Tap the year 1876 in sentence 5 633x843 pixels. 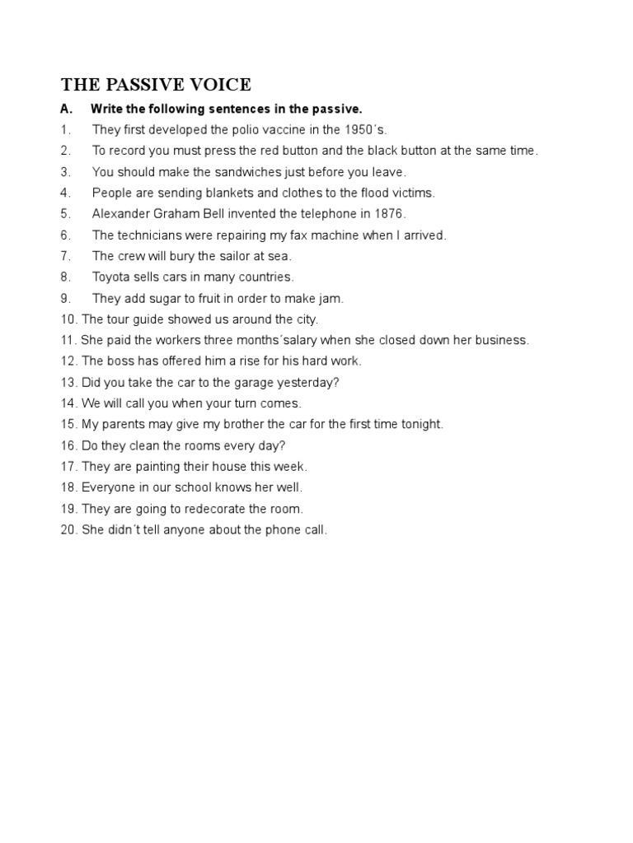[388, 214]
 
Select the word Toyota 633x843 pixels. [111, 277]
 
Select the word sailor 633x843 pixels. [238, 256]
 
